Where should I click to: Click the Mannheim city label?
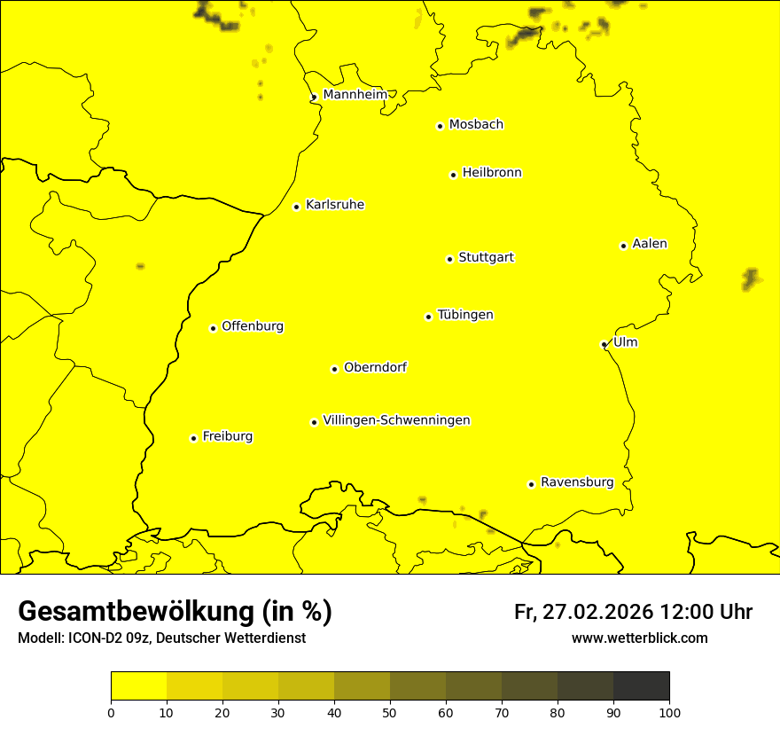pos(355,95)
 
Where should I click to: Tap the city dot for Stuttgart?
pos(449,259)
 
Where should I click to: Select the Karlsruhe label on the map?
pos(334,205)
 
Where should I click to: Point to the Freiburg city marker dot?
pos(193,438)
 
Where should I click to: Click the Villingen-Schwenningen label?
pos(396,420)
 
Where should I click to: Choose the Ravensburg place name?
pos(576,482)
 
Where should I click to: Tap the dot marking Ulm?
pos(604,344)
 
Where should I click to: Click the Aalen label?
pos(649,244)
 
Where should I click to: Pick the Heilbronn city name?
pos(492,173)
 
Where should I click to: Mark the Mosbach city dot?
pos(440,126)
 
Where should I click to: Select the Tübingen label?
pos(464,315)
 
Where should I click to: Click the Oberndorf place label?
pos(375,367)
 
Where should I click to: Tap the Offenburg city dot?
pos(213,328)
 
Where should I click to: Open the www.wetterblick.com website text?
pos(639,638)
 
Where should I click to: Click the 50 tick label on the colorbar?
pos(390,712)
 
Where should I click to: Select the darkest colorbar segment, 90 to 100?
pos(641,685)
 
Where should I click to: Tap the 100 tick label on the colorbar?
pos(669,712)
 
